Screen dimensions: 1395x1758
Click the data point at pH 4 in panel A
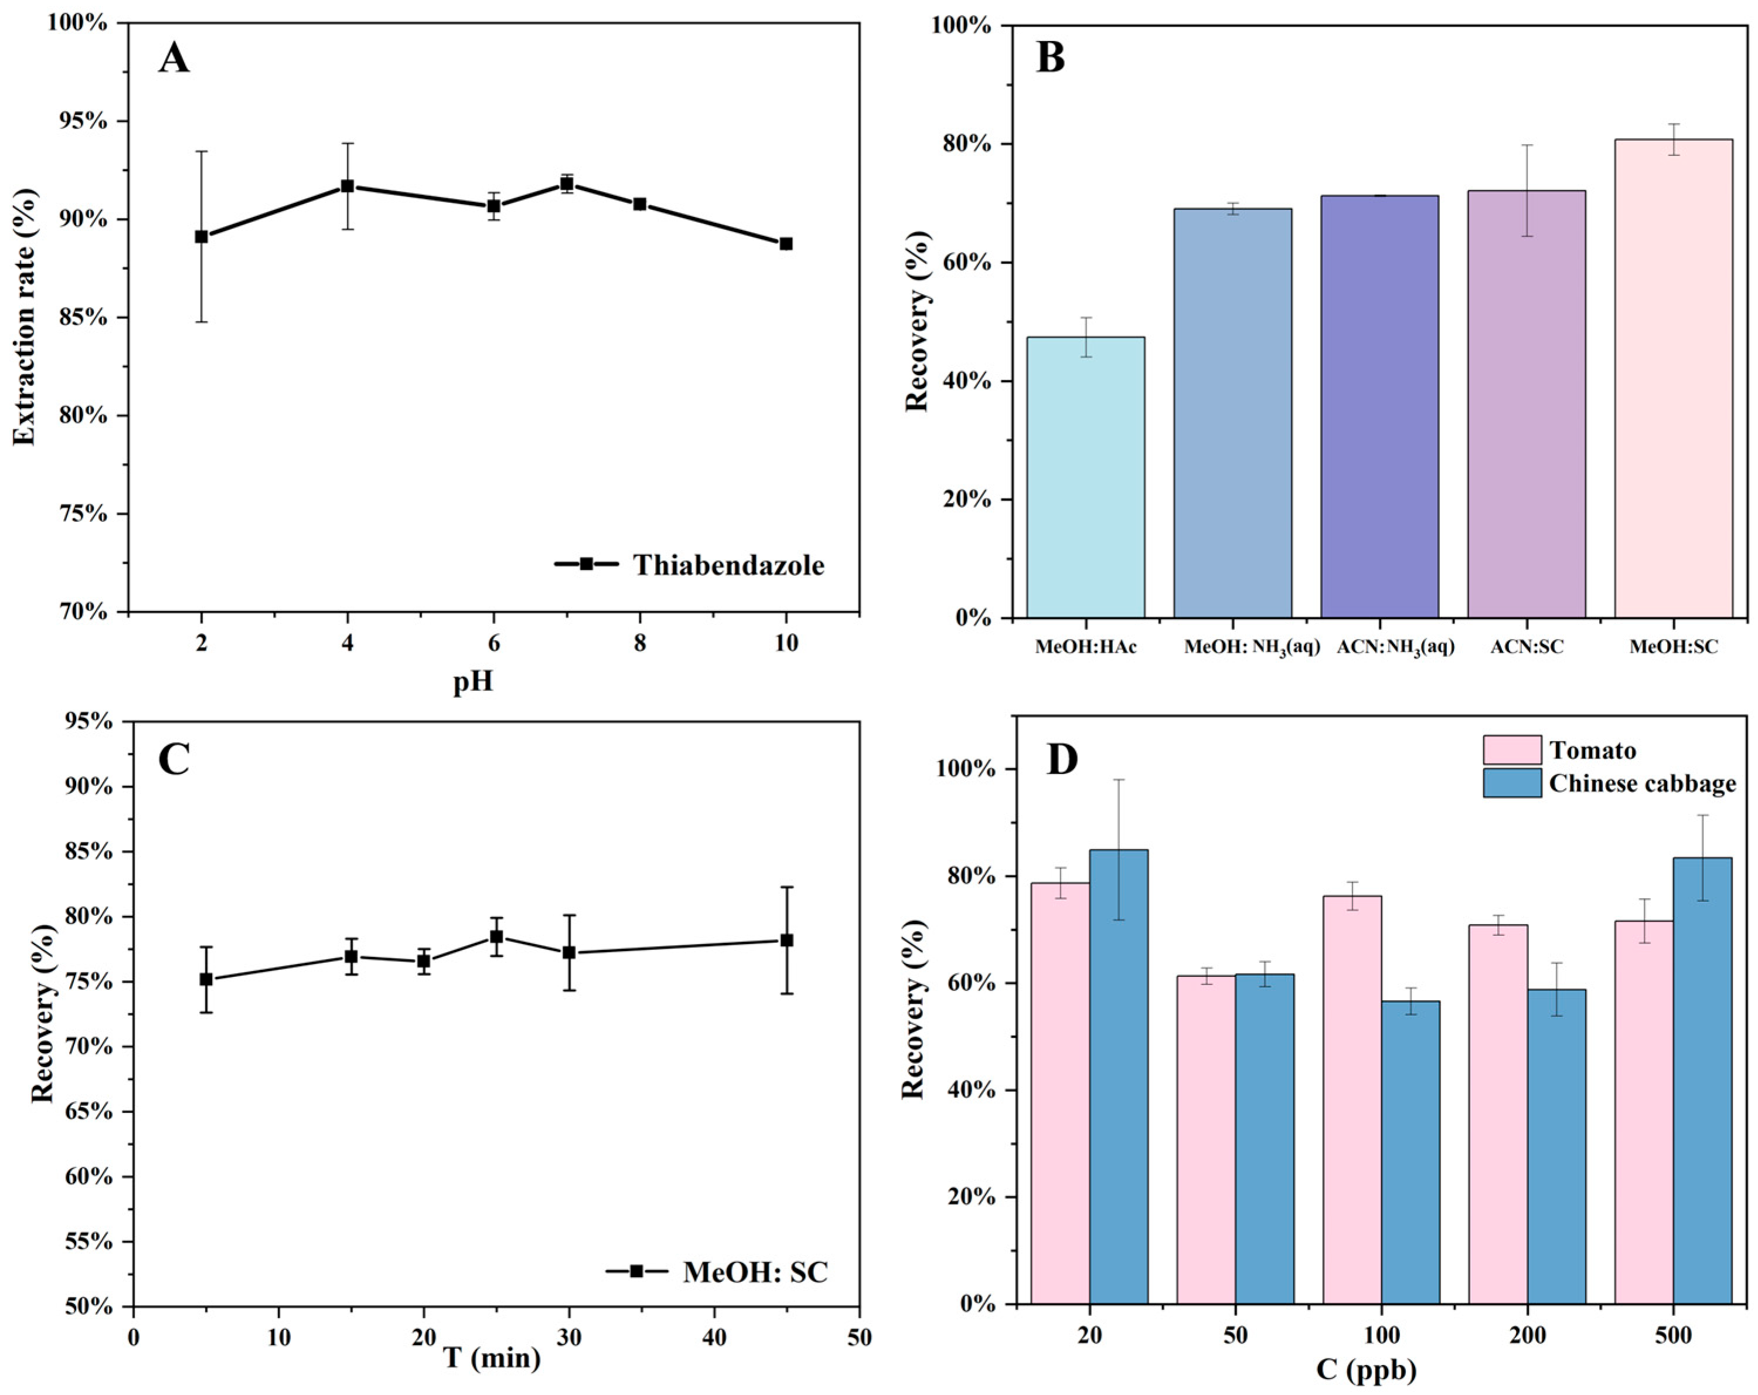click(x=347, y=186)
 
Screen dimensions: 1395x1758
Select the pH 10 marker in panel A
click(x=786, y=243)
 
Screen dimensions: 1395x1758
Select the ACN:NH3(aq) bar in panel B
click(x=1379, y=406)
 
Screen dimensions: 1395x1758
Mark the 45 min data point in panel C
click(x=787, y=940)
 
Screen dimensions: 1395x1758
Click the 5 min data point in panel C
click(x=206, y=979)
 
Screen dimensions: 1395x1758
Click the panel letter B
click(x=1050, y=59)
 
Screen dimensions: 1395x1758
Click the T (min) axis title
click(x=492, y=1358)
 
